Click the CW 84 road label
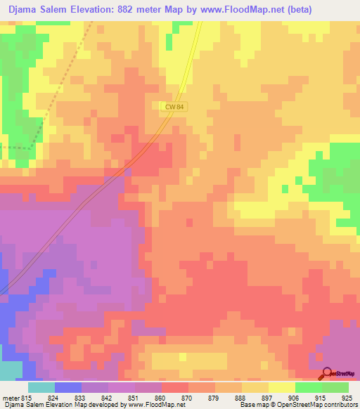(174, 106)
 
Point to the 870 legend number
(187, 397)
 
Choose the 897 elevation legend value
(269, 397)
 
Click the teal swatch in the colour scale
(41, 387)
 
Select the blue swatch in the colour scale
(68, 387)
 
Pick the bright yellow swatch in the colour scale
(282, 387)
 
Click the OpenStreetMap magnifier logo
(328, 373)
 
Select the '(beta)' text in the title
(296, 9)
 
